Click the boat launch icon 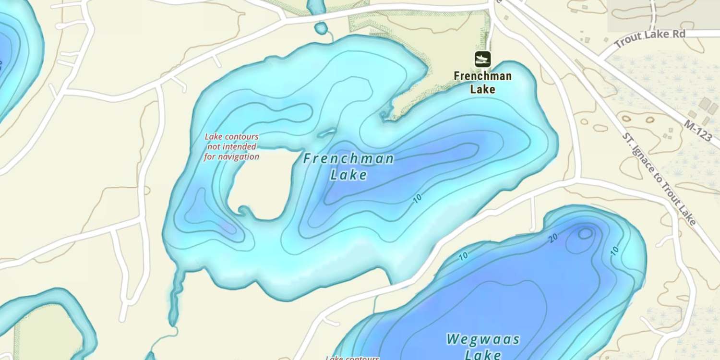pyautogui.click(x=483, y=59)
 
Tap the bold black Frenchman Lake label pyautogui.click(x=482, y=83)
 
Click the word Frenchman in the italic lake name pyautogui.click(x=349, y=158)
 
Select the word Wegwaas pyautogui.click(x=483, y=339)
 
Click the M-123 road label pyautogui.click(x=698, y=131)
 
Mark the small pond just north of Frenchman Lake pyautogui.click(x=321, y=28)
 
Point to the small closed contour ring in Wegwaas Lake pyautogui.click(x=585, y=234)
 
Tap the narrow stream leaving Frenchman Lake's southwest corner pyautogui.click(x=176, y=293)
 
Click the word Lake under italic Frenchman pyautogui.click(x=349, y=175)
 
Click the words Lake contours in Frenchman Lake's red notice pyautogui.click(x=231, y=137)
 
